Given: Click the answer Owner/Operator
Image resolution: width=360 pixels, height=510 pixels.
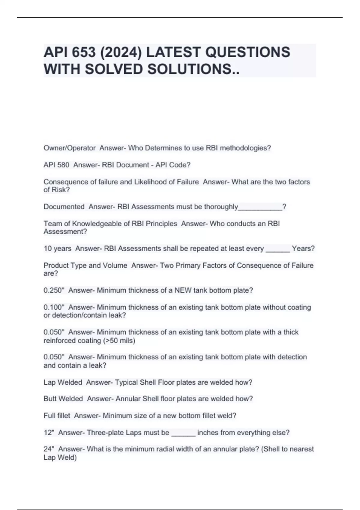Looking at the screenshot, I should tap(70, 148).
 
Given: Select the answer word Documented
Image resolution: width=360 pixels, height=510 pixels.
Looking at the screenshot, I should tap(64, 207).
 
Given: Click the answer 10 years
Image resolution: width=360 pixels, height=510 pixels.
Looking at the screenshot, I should tap(57, 249).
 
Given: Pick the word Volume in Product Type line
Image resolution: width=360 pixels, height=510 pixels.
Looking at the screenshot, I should tap(115, 265).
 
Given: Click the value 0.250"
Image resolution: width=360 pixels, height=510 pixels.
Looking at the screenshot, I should tap(54, 290).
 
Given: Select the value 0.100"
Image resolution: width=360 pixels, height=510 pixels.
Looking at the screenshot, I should tap(54, 307).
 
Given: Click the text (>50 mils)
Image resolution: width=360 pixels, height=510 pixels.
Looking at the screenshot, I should tap(119, 340).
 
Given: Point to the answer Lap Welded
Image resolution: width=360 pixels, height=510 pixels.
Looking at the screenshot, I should tap(63, 382).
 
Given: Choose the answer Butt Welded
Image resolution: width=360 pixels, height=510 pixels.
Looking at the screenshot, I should tap(63, 399).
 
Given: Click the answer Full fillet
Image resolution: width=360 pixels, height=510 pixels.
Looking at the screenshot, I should tap(57, 416).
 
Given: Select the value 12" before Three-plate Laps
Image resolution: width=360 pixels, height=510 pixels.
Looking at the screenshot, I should tap(49, 433).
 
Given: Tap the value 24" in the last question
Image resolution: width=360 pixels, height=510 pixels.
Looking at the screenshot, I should tap(49, 449).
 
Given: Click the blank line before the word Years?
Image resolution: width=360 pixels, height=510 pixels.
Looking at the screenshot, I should tap(278, 250).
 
